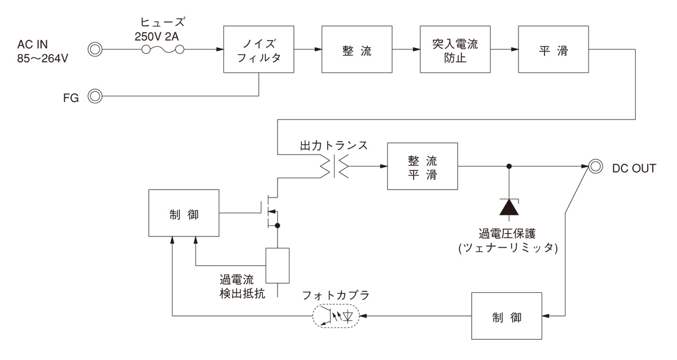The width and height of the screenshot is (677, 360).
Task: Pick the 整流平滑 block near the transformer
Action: pos(423,167)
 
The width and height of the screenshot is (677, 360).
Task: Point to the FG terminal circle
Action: pos(94,96)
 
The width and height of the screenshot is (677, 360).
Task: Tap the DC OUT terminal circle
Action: pos(595,166)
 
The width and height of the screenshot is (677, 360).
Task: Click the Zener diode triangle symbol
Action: pos(509,207)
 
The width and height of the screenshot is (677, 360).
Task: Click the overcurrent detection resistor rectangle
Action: pos(277,265)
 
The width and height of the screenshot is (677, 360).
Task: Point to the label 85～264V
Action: pos(43,58)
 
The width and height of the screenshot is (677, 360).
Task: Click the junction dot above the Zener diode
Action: pos(509,166)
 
